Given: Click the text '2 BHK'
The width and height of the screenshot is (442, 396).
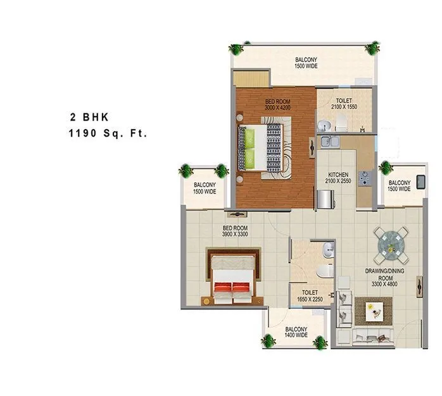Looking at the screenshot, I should [x=89, y=117].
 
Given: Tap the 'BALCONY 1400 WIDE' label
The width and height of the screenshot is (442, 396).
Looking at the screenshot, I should [x=296, y=332].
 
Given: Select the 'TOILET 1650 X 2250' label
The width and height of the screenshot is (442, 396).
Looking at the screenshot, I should [x=310, y=296].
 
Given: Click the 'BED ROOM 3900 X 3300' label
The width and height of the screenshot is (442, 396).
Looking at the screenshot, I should [x=234, y=231].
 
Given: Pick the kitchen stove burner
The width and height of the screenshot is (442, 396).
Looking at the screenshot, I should [x=364, y=179].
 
